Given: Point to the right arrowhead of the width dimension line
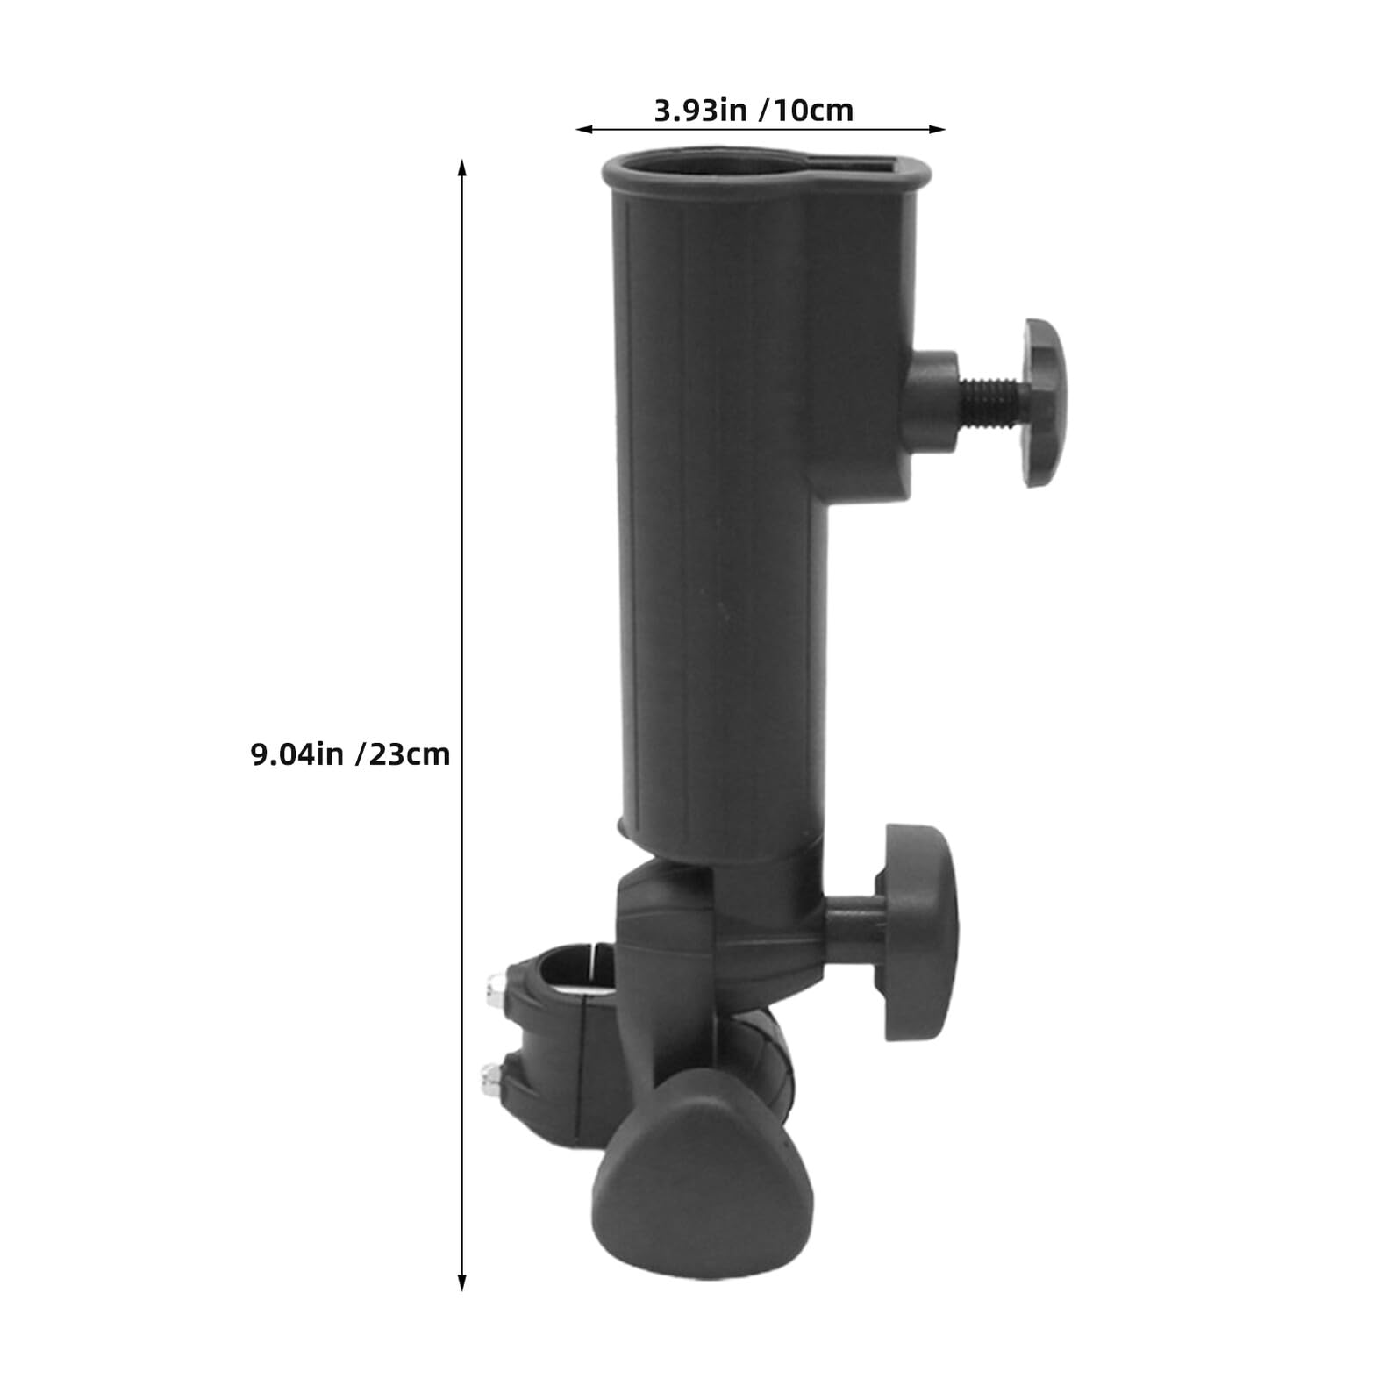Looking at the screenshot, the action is tap(937, 129).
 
